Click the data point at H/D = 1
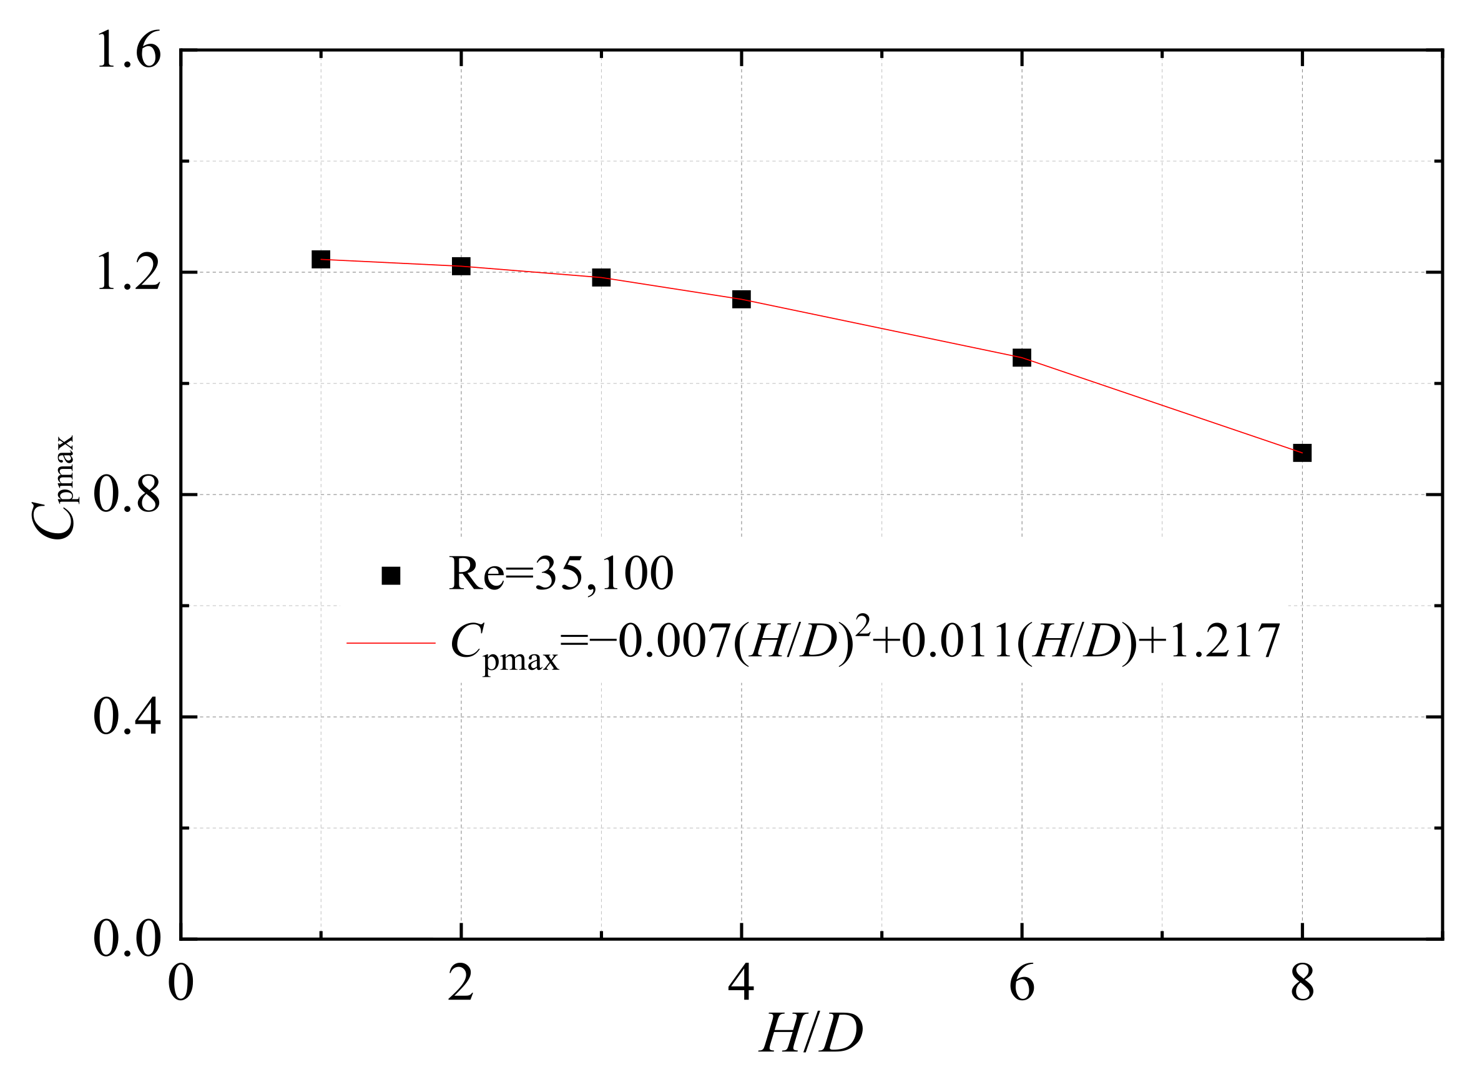tap(321, 259)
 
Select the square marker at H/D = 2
tap(461, 266)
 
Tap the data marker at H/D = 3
tap(601, 277)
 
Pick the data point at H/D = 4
tap(742, 299)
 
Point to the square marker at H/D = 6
tap(1022, 357)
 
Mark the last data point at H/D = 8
tap(1302, 453)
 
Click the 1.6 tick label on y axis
tap(129, 51)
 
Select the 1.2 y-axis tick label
tap(129, 272)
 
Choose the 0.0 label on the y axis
tap(127, 939)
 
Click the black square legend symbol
tap(391, 575)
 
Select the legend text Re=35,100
tap(561, 574)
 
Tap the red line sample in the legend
tap(391, 643)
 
